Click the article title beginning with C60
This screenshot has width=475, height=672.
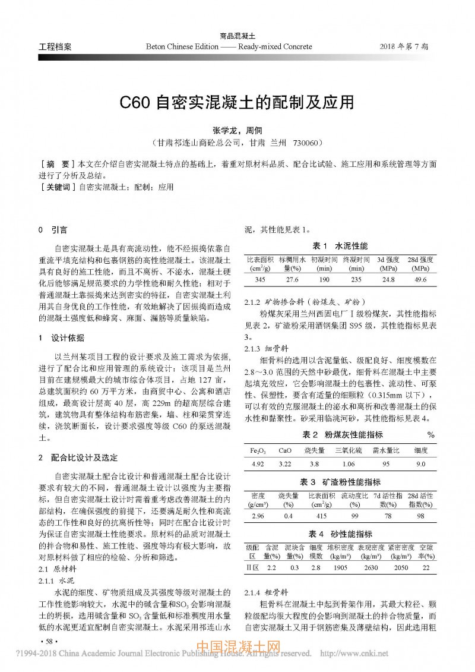[x=237, y=102]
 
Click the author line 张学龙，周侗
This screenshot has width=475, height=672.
[x=237, y=130]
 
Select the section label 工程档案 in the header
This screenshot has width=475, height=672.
[x=55, y=46]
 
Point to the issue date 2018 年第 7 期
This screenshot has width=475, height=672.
[x=407, y=46]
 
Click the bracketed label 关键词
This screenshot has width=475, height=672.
[x=56, y=187]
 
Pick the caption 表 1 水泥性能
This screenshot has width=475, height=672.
[x=340, y=245]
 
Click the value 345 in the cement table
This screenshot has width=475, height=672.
[x=259, y=279]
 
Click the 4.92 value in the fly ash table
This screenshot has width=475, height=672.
[x=258, y=465]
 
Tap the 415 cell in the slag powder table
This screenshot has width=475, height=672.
[x=322, y=516]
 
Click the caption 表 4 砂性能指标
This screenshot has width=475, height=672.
[x=340, y=534]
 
